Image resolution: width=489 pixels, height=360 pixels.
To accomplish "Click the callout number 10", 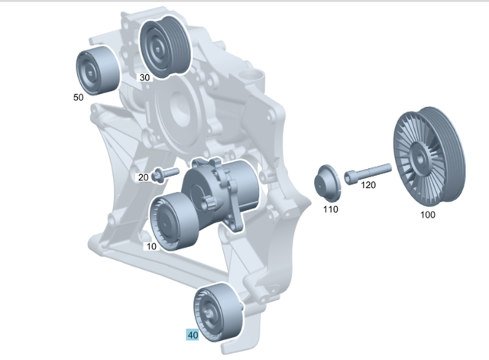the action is point(151,246).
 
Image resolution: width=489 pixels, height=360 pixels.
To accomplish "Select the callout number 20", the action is point(143,177).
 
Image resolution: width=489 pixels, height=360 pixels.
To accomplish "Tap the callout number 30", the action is point(144,77).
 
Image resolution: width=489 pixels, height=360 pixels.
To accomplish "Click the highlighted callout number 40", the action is point(193,335).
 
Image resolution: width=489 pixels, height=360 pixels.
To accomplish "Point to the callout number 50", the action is point(78,97).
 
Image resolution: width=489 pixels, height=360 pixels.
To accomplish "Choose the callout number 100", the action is point(428,215).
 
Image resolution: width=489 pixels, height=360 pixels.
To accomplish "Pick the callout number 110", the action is point(330,209).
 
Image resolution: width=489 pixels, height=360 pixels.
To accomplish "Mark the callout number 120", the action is point(368,185).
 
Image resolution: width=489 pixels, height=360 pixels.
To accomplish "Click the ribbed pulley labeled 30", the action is point(164,47).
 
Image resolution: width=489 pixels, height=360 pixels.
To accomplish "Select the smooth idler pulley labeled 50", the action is point(97,71).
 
